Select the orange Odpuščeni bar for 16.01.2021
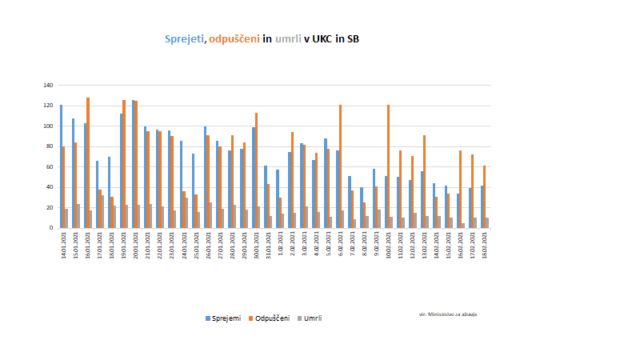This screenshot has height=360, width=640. pos(88,163)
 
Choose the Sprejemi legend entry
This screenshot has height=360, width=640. pos(223,318)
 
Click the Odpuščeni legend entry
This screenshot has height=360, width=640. pos(271,318)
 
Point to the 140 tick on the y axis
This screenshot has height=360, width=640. pos(49,86)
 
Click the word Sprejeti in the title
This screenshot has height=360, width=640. pos(184,38)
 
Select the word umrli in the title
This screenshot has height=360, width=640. pos(288,38)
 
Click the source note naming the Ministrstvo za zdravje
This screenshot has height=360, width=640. pos(448,314)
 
